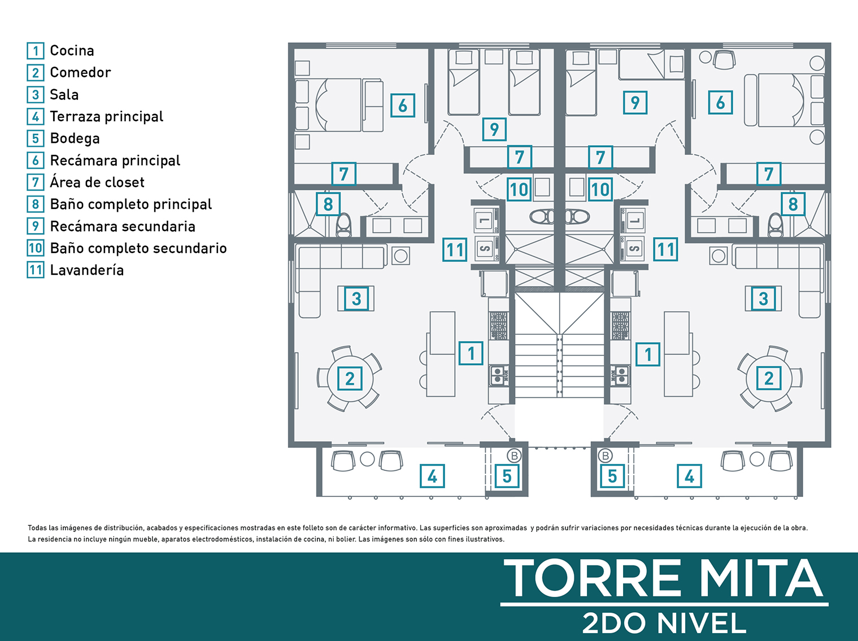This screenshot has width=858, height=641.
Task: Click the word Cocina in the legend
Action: pos(72,51)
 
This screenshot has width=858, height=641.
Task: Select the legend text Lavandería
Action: pos(87,270)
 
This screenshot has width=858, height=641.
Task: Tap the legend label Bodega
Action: pos(75,139)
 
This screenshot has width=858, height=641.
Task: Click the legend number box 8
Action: pos(35,204)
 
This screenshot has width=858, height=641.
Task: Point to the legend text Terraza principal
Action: pos(106,116)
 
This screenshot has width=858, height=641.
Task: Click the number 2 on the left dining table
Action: pos(350,378)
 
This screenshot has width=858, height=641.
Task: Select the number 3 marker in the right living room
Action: pos(763,299)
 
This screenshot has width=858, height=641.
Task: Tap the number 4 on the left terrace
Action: pos(432,476)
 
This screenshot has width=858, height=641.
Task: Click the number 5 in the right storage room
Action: pos(612,476)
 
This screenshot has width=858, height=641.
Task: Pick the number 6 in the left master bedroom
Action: pos(403,105)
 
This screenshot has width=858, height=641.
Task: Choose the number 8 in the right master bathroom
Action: pos(792,204)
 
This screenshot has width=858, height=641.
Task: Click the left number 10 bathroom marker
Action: pos(519,190)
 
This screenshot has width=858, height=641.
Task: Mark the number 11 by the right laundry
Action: pos(666,250)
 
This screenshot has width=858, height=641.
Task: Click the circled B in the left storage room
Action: pos(514,456)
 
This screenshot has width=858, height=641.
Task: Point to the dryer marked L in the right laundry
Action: pos(633,220)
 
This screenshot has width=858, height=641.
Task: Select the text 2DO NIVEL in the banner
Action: pos(664,623)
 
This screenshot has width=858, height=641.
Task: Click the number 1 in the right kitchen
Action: pos(648,355)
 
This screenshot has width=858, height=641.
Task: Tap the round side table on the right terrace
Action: pos(757,459)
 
